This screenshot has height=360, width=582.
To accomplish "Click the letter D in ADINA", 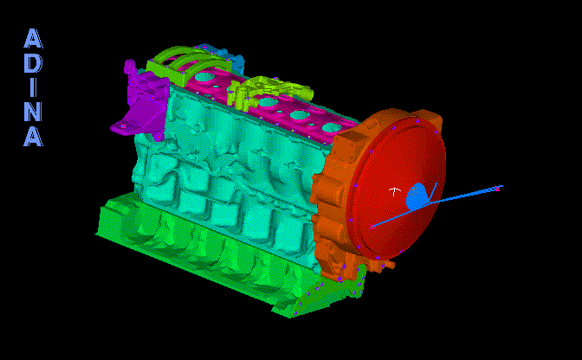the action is click(x=34, y=63).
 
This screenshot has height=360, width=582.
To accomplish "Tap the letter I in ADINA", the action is click(x=34, y=87).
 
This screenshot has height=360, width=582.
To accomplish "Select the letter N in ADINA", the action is click(x=34, y=112).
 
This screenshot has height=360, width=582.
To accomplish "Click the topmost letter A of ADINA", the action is click(x=34, y=39).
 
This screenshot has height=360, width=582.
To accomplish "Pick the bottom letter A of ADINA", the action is click(x=34, y=136).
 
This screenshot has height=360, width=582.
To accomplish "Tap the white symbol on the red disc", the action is click(x=395, y=191).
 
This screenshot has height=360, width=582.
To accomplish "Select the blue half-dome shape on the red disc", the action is click(x=417, y=196).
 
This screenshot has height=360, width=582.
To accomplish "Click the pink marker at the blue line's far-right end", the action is click(x=498, y=189).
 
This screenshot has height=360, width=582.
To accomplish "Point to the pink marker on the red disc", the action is click(x=372, y=227).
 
